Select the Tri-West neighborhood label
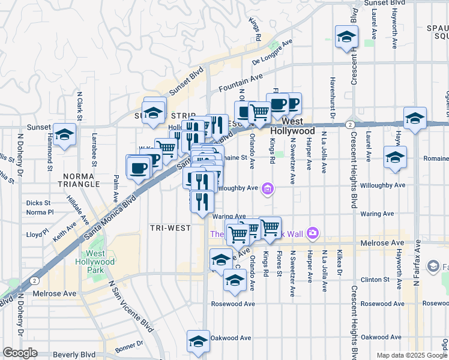click(170, 228)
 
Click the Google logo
click(19, 353)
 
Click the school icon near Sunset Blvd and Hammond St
click(64, 136)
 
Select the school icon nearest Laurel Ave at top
click(346, 37)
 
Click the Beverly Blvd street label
click(74, 355)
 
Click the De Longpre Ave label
click(272, 52)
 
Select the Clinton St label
click(376, 280)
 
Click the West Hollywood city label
click(292, 131)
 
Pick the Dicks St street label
click(38, 203)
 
